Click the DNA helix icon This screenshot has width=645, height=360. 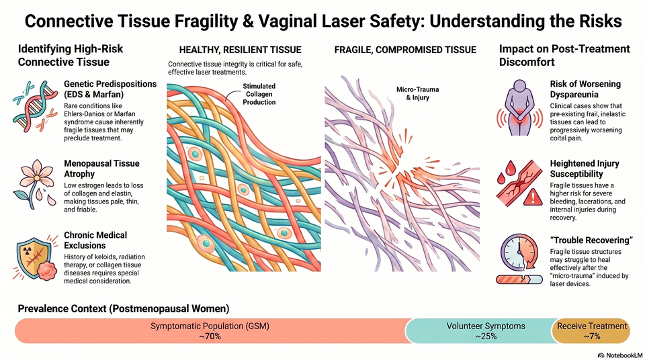tap(35, 106)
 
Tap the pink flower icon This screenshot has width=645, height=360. tap(35, 184)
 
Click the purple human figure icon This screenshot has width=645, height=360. tap(519, 107)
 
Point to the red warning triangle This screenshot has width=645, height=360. tap(533, 197)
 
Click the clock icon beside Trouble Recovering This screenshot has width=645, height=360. tap(519, 253)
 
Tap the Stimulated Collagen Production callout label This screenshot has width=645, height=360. tap(259, 94)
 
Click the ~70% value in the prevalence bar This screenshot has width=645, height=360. tap(210, 336)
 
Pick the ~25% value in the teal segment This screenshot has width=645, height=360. tap(486, 336)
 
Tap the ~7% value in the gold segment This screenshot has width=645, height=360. tap(592, 336)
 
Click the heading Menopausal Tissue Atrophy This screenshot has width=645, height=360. tap(101, 169)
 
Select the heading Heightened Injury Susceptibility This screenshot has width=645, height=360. tap(585, 169)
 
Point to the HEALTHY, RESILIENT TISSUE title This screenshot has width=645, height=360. tap(241, 50)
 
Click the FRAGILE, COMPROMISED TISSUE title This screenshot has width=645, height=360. tap(405, 50)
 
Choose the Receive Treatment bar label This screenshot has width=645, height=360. tap(592, 326)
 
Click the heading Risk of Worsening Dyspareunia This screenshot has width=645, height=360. tap(585, 89)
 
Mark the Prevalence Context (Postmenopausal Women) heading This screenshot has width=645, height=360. tap(124, 308)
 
